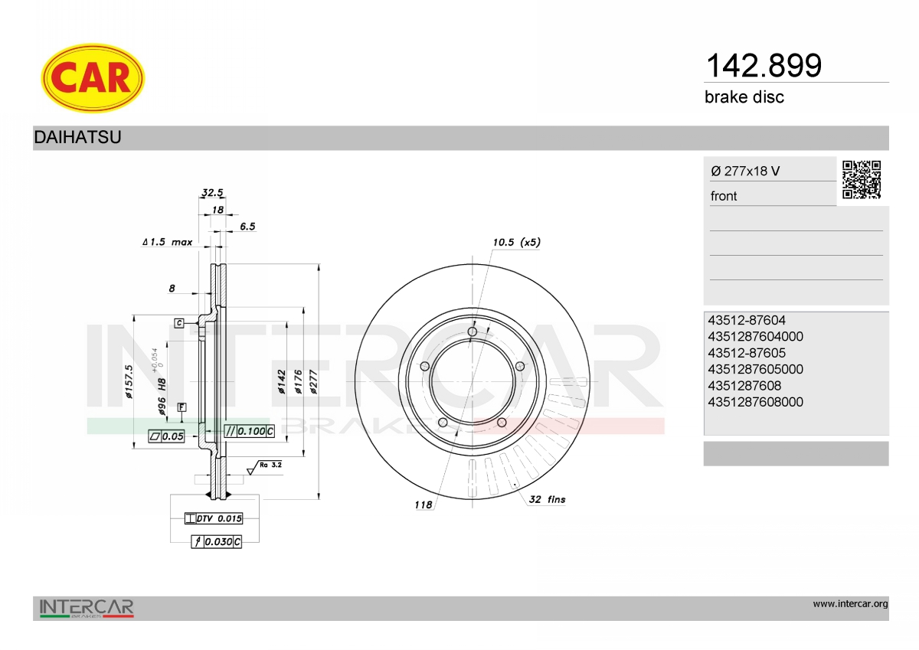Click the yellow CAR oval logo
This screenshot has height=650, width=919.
[x=93, y=78]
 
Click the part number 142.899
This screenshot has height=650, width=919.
[x=764, y=66]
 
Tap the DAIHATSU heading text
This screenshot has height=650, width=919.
[x=77, y=137]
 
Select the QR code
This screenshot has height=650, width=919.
[x=862, y=180]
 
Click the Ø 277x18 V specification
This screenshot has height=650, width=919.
[x=745, y=171]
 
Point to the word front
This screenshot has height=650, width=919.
[x=724, y=196]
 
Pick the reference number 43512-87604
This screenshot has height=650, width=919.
[x=747, y=320]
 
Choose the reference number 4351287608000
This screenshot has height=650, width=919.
[x=755, y=402]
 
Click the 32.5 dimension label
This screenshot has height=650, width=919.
[x=213, y=192]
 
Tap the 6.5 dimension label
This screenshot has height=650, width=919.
[x=247, y=227]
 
